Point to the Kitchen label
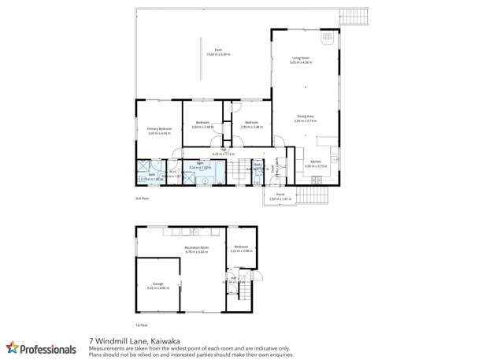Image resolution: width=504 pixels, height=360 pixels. [316, 162]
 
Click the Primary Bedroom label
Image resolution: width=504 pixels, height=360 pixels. [159, 130]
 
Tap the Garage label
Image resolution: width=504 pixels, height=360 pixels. [157, 286]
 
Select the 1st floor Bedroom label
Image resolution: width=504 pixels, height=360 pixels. [241, 248]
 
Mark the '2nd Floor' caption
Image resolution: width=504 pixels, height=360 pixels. [143, 201]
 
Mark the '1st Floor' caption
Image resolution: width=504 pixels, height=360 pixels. [143, 325]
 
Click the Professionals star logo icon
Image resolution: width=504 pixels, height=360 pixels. [13, 347]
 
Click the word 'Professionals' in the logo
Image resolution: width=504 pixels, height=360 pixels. [49, 347]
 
